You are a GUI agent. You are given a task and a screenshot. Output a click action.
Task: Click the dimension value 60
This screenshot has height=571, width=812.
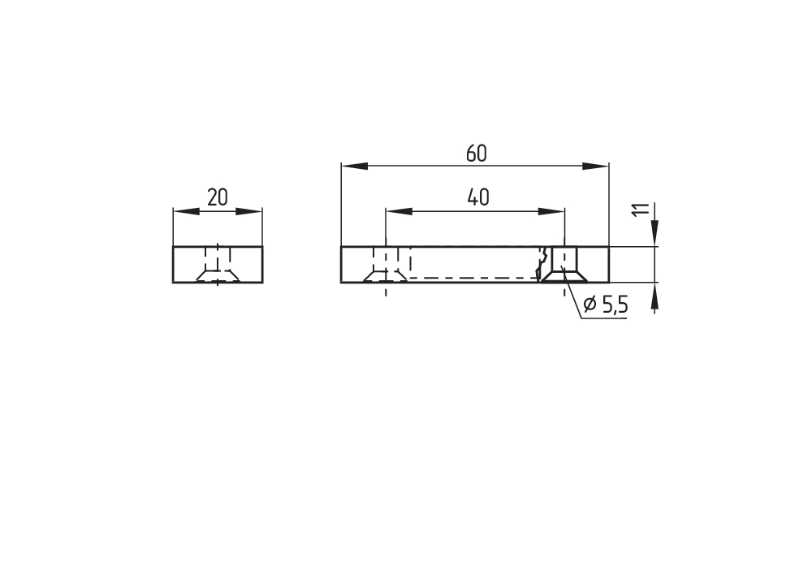pyautogui.click(x=477, y=154)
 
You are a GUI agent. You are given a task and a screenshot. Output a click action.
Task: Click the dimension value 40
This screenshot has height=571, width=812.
pyautogui.click(x=478, y=197)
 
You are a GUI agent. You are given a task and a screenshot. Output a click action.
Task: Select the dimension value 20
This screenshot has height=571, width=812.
pyautogui.click(x=218, y=197)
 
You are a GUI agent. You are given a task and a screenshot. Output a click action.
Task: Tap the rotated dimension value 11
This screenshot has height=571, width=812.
pyautogui.click(x=641, y=210)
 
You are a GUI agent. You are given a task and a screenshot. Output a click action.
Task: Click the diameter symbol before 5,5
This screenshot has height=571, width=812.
pyautogui.click(x=590, y=304)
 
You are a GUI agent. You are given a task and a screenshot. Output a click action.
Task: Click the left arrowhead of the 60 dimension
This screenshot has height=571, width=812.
pyautogui.click(x=355, y=167)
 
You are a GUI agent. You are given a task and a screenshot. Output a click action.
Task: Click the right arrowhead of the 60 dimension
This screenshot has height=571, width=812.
pyautogui.click(x=595, y=167)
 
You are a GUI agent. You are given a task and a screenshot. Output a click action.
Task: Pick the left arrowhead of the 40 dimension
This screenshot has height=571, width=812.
pyautogui.click(x=400, y=211)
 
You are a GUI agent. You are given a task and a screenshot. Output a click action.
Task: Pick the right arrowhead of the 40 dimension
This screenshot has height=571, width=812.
pyautogui.click(x=551, y=211)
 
